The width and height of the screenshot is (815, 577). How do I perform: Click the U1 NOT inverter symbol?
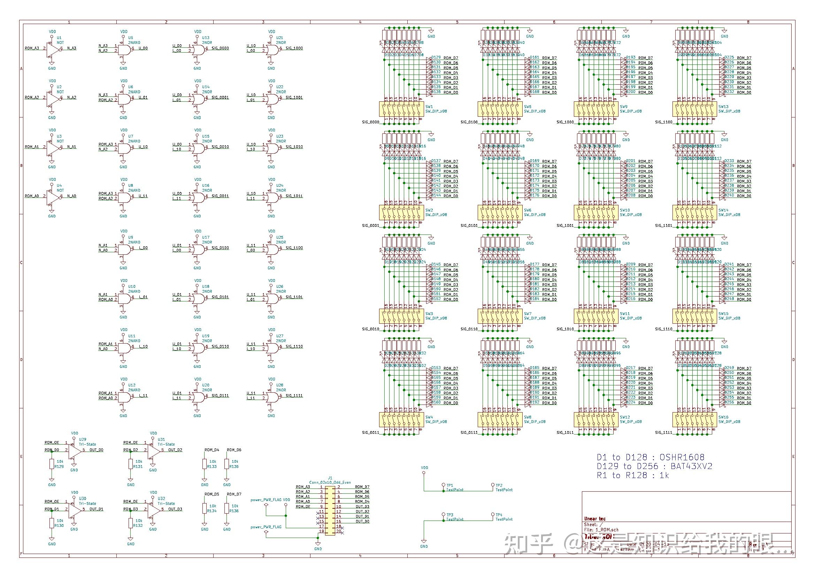[x=52, y=49]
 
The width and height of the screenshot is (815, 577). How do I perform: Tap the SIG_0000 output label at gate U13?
[x=220, y=48]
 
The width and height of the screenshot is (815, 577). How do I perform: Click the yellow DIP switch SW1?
[x=401, y=109]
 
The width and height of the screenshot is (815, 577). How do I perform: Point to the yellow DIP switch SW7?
[x=500, y=316]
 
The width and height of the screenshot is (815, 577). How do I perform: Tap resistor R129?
[x=52, y=464]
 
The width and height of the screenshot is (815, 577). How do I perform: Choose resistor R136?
[x=227, y=508]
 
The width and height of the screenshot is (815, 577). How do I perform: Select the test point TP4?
[x=493, y=515]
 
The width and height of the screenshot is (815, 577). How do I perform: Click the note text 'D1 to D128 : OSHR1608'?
[x=650, y=457]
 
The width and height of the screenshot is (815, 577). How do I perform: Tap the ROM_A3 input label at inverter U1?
[x=32, y=48]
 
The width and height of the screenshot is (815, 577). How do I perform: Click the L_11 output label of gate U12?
[x=143, y=395]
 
